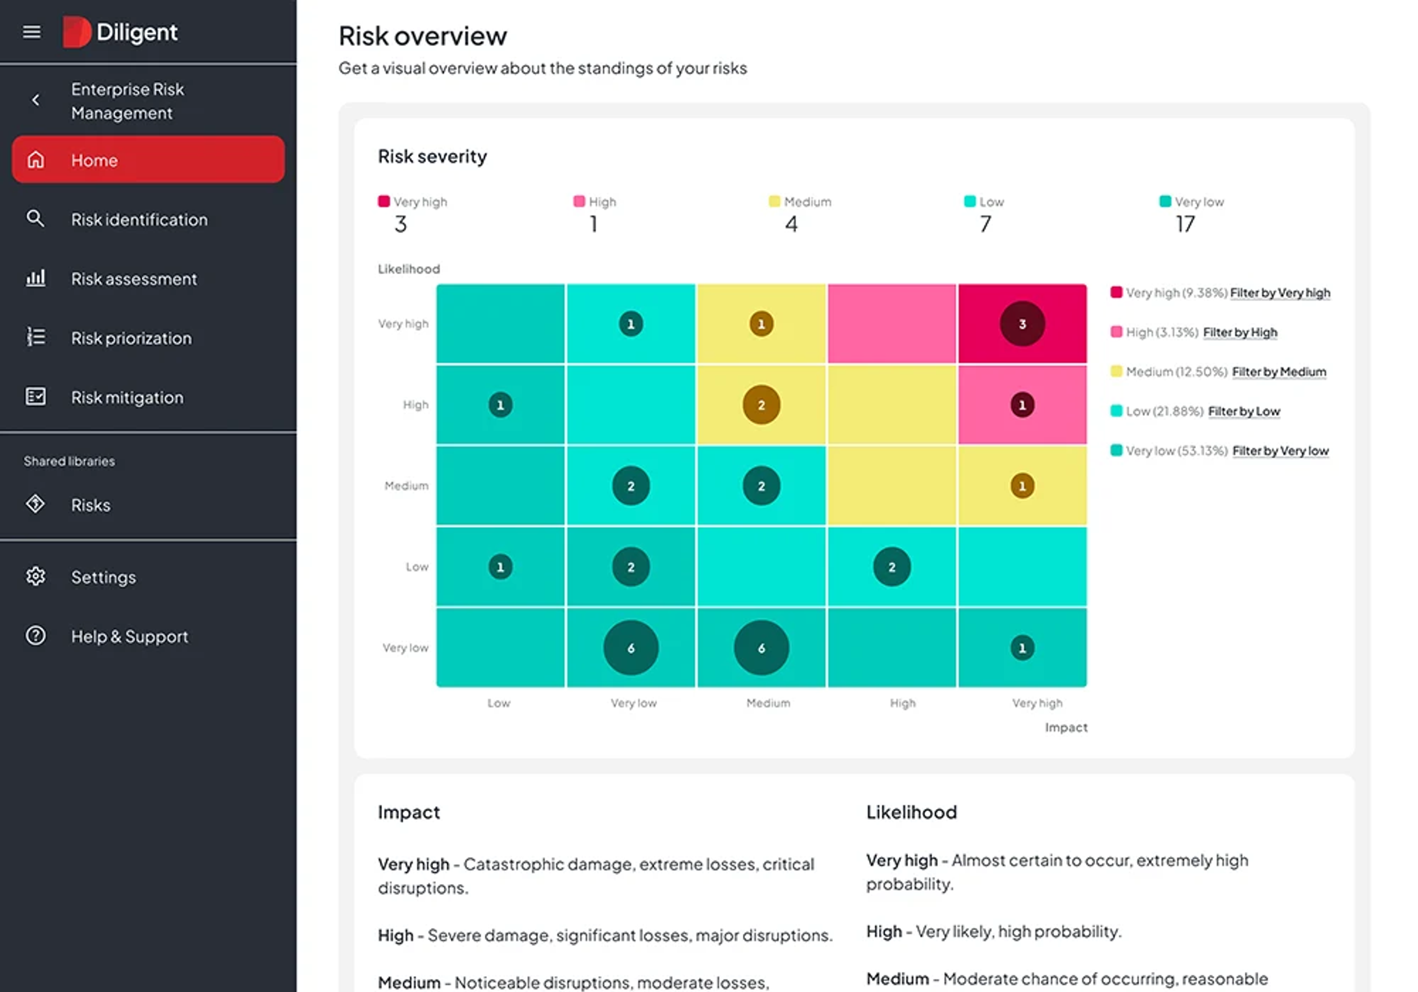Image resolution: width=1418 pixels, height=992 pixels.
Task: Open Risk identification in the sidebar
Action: click(x=139, y=220)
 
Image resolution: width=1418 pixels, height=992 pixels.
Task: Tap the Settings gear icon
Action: click(x=36, y=576)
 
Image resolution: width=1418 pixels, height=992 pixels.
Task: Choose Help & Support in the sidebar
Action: click(x=129, y=637)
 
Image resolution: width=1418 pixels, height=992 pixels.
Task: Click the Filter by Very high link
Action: click(x=1280, y=293)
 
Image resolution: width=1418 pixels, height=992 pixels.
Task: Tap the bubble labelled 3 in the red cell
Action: click(x=1022, y=324)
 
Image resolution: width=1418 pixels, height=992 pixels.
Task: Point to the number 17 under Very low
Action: click(x=1185, y=224)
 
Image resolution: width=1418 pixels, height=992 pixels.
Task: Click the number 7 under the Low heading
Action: click(x=986, y=224)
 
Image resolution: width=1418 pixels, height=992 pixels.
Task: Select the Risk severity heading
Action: click(x=432, y=157)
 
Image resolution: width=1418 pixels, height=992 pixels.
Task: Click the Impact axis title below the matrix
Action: click(x=1066, y=728)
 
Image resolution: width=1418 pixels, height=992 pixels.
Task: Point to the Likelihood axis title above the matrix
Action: click(x=409, y=269)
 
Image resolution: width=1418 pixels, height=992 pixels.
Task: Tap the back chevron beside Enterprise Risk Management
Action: click(x=36, y=100)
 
